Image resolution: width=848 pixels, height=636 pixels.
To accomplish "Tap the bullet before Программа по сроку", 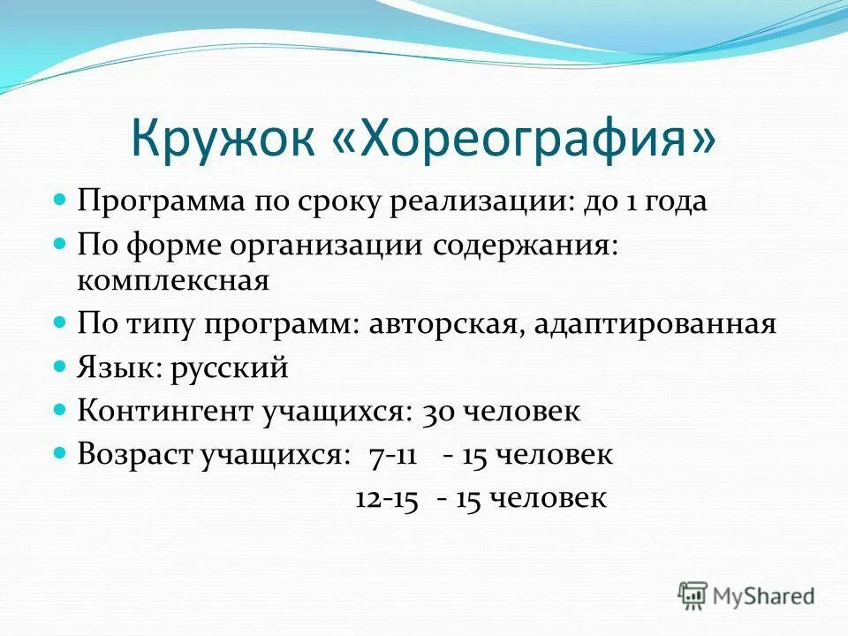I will pos(60,200).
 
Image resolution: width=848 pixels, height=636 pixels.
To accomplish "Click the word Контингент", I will pos(166,411).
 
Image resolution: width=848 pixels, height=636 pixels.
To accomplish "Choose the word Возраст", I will pos(133,455).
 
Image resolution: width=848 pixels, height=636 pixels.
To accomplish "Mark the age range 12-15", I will pos(386,498).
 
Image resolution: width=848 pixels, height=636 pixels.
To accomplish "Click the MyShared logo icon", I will pos(693,595).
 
